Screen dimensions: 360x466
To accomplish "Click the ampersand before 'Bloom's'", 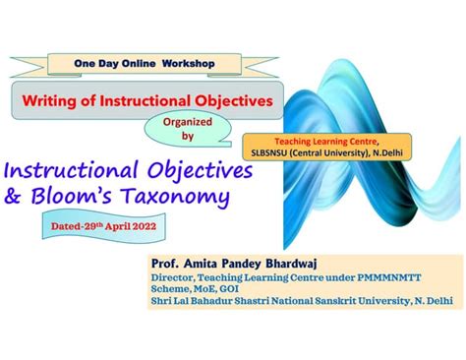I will click(14, 197).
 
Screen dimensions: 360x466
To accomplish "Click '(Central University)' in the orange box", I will click(341, 154).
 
